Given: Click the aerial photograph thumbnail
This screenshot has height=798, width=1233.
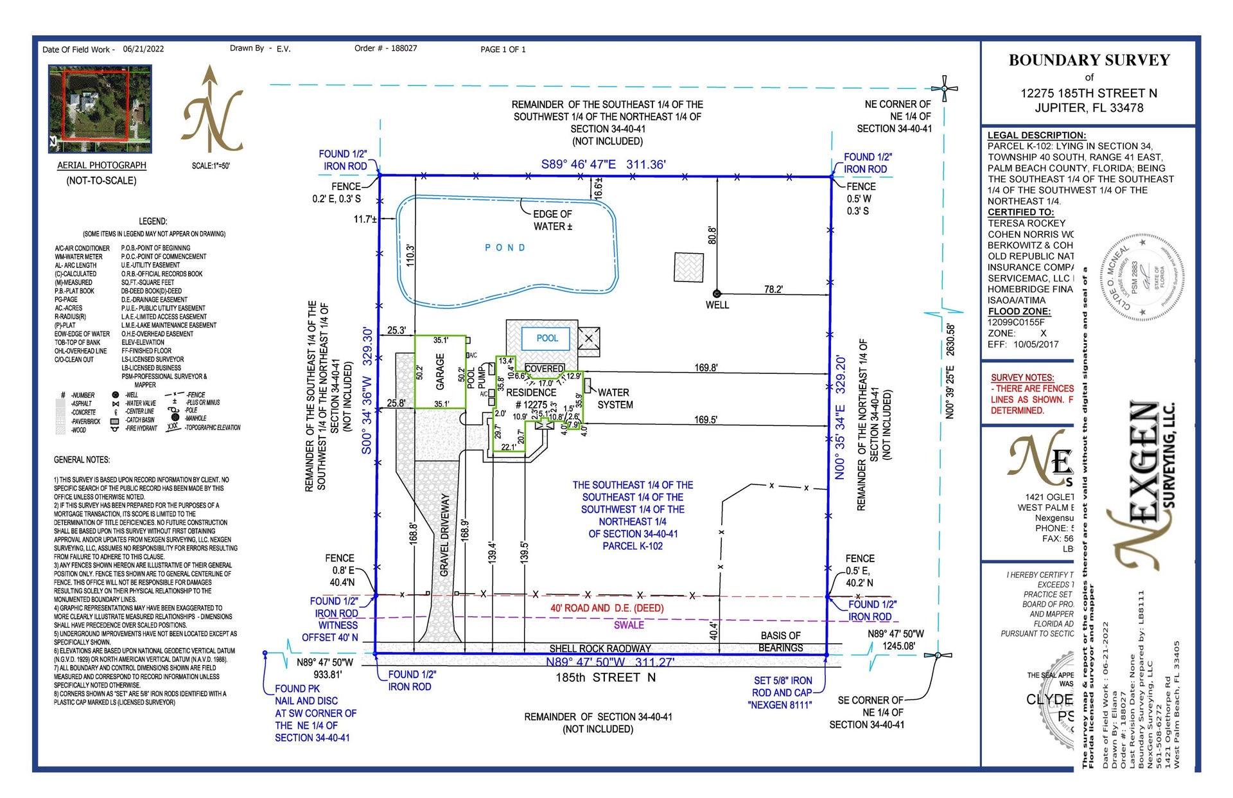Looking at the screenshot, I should coord(100,108).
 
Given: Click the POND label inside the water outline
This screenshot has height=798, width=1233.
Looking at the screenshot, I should coord(505,247).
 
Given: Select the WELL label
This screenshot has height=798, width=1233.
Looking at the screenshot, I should coord(717,305).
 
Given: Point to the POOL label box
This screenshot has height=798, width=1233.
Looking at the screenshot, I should coord(547,338).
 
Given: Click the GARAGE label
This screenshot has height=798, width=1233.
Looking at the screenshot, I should coord(441,371).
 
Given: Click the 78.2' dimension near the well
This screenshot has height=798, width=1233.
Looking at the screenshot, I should coord(773,290).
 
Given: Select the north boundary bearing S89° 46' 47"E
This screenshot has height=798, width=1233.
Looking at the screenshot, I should coord(578,164).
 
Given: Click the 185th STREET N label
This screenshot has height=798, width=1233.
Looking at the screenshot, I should coord(606,677).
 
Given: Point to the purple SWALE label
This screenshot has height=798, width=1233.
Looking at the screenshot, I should coord(629,625).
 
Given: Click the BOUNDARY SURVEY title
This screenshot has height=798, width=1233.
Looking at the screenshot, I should coord(1089,60).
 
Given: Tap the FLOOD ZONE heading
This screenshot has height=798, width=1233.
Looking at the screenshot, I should coord(1019,311).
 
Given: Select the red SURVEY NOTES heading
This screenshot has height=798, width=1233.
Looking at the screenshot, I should coord(1022,378).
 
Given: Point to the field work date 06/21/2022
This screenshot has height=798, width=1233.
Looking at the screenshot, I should coord(143,49).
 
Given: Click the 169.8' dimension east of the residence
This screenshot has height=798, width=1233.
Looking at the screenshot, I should coord(706,368).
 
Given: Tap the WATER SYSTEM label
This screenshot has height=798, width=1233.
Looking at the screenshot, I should coord(615,398).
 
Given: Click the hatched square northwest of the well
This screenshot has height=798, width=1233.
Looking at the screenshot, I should coord(688,267).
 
